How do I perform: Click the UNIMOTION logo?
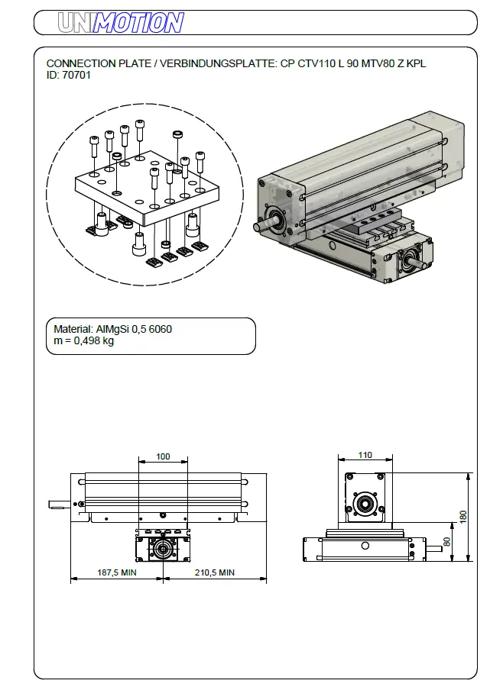tap(122, 23)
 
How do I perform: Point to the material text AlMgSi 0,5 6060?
tap(135, 329)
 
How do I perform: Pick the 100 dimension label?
tap(163, 456)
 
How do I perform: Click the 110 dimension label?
tap(365, 456)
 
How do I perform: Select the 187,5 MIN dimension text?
tap(116, 572)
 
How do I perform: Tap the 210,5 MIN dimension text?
tap(214, 572)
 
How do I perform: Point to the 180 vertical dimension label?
tap(462, 517)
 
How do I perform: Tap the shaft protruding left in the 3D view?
tap(262, 226)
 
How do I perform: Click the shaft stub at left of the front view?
tap(58, 504)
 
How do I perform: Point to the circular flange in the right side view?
tap(365, 504)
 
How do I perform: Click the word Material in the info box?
tap(72, 329)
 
